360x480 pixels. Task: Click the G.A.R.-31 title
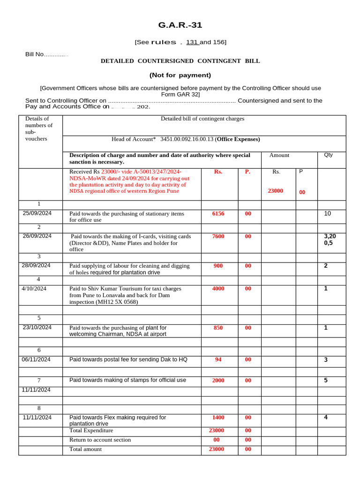pyautogui.click(x=180, y=25)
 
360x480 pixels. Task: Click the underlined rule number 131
pyautogui.click(x=192, y=42)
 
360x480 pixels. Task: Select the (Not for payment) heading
pyautogui.click(x=180, y=75)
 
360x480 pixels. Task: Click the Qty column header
pyautogui.click(x=328, y=155)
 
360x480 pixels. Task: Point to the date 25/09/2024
pyautogui.click(x=37, y=213)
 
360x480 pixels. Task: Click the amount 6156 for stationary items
pyautogui.click(x=218, y=213)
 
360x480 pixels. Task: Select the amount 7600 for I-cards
pyautogui.click(x=218, y=236)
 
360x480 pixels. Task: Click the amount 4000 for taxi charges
pyautogui.click(x=218, y=289)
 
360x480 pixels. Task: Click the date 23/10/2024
pyautogui.click(x=37, y=327)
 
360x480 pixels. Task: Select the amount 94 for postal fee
pyautogui.click(x=218, y=360)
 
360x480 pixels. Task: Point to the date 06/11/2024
pyautogui.click(x=37, y=360)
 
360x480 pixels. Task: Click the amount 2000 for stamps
pyautogui.click(x=218, y=381)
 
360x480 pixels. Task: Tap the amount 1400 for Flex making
pyautogui.click(x=218, y=417)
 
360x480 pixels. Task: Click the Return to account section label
pyautogui.click(x=100, y=440)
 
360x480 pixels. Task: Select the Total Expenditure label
pyautogui.click(x=91, y=430)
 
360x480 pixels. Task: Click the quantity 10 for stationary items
pyautogui.click(x=327, y=213)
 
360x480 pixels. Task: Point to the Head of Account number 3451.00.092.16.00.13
pyautogui.click(x=187, y=139)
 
